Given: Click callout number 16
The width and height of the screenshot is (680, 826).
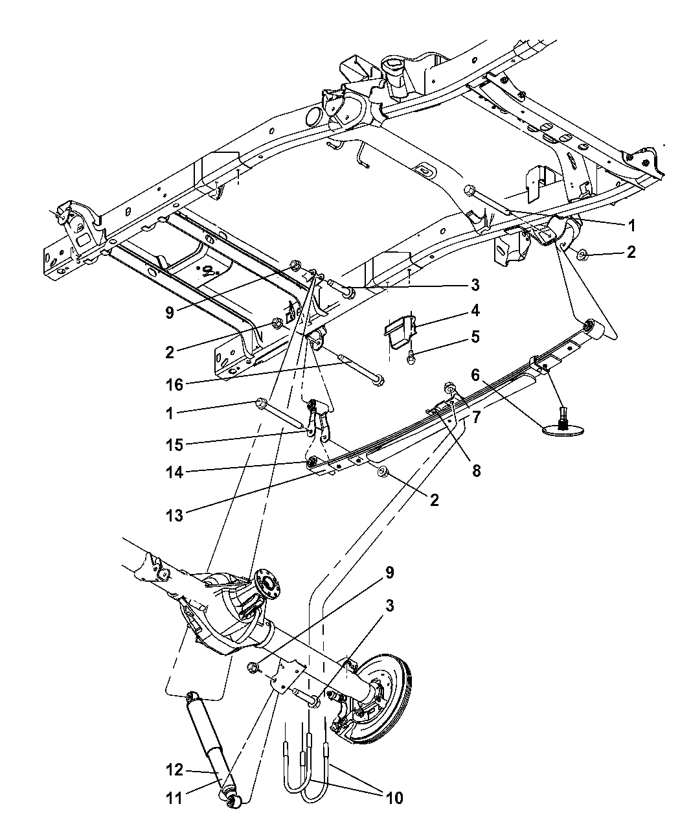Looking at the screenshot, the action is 174,384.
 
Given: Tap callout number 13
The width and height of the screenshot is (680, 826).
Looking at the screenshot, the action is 174,516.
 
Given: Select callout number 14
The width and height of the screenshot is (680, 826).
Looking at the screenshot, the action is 174,472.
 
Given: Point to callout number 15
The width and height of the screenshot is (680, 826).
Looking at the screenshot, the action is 174,444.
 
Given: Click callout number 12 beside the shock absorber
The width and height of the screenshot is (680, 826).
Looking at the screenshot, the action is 174,770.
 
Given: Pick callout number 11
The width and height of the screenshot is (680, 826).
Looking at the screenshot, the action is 174,798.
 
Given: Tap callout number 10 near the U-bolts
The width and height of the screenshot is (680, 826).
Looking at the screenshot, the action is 394,797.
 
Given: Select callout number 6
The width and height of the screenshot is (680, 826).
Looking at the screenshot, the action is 475,374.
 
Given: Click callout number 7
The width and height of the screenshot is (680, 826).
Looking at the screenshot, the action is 476,417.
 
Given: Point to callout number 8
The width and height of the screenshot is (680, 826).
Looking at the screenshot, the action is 476,471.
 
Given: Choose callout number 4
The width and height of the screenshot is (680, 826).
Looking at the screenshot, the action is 475,310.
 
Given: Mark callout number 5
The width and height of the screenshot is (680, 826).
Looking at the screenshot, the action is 475,337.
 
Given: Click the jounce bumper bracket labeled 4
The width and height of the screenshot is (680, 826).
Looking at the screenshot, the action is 400,332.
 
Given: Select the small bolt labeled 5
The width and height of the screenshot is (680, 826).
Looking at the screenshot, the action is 411,357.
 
